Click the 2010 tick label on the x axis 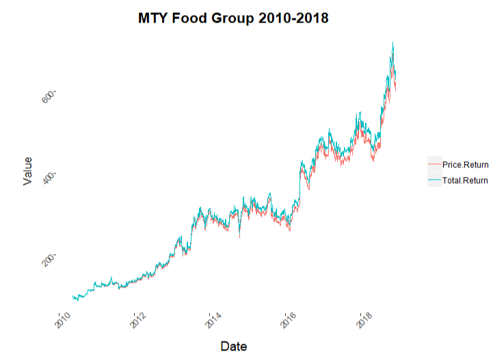(x=63, y=319)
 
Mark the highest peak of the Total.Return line (x=392, y=42)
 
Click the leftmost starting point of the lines (x=72, y=296)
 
